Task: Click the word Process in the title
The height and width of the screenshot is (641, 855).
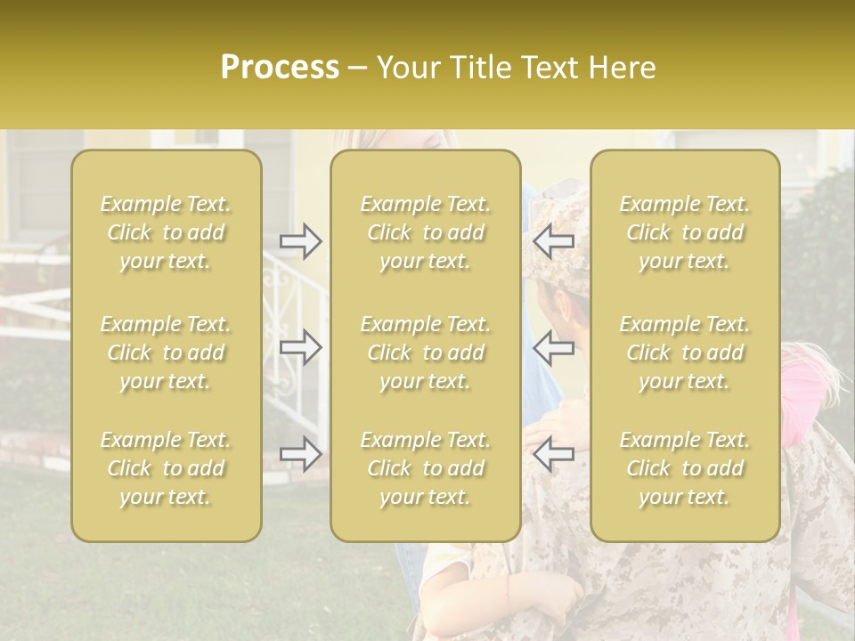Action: pyautogui.click(x=280, y=68)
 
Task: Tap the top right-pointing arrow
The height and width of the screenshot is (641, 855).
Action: pyautogui.click(x=300, y=240)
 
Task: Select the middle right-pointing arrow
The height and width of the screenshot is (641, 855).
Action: pyautogui.click(x=300, y=347)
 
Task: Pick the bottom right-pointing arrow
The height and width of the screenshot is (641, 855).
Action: pyautogui.click(x=300, y=454)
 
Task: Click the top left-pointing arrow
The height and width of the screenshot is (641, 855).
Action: pyautogui.click(x=554, y=240)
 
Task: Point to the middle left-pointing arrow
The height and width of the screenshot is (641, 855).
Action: pyautogui.click(x=554, y=347)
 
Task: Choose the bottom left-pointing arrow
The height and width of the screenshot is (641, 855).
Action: pyautogui.click(x=554, y=454)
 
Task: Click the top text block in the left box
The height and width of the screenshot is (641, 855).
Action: pyautogui.click(x=166, y=232)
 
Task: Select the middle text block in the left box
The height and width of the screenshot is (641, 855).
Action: pyautogui.click(x=166, y=353)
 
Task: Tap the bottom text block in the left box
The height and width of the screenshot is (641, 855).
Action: pyautogui.click(x=166, y=468)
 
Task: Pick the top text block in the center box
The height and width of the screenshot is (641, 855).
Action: pyautogui.click(x=425, y=232)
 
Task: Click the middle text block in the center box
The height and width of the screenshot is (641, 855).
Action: pyautogui.click(x=425, y=353)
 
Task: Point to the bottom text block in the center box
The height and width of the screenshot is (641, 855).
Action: pyautogui.click(x=425, y=468)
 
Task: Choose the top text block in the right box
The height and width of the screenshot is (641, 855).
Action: pyautogui.click(x=685, y=232)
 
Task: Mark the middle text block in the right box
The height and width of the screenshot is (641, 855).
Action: pyautogui.click(x=685, y=353)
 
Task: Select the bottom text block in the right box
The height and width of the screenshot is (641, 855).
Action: pyautogui.click(x=685, y=468)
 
